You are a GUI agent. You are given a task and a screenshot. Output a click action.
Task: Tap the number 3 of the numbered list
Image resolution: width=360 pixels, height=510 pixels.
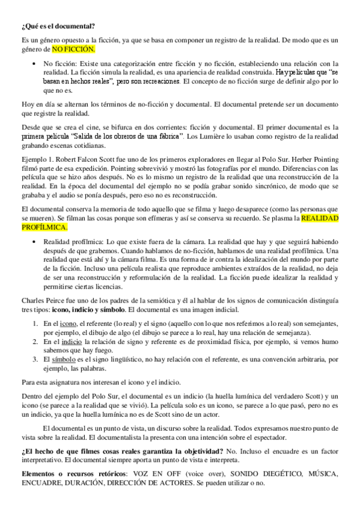pyautogui.click(x=35, y=359)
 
